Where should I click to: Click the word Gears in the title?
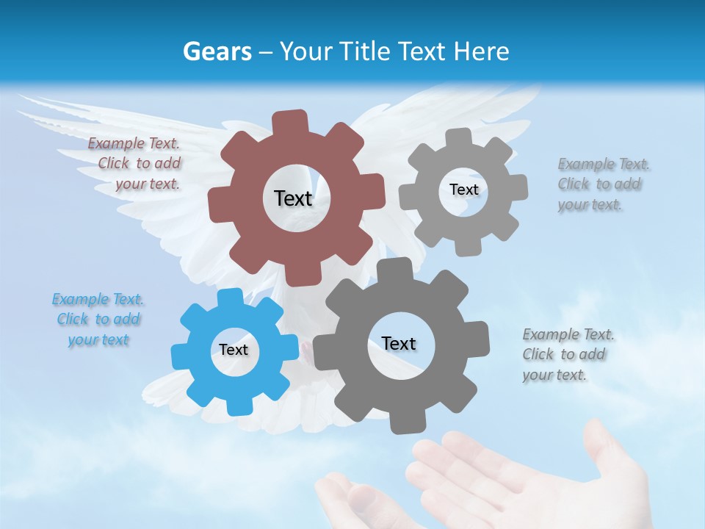click(x=217, y=51)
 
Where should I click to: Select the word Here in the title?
click(x=482, y=51)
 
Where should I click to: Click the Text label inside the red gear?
click(x=293, y=198)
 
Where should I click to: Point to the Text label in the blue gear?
click(x=234, y=350)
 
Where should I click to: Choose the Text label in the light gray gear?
click(x=463, y=190)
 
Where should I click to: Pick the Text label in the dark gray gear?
click(x=399, y=343)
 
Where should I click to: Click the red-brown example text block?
click(x=136, y=164)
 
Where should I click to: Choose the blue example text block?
click(x=98, y=320)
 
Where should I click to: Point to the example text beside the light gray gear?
click(x=602, y=184)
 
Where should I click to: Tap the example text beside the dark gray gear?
click(x=567, y=355)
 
